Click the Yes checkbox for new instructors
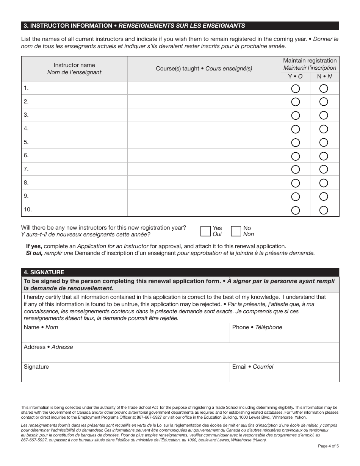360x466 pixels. click(x=205, y=231)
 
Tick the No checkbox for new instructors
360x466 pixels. click(x=236, y=231)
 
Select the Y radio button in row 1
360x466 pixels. click(x=295, y=89)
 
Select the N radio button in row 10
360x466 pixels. click(x=324, y=210)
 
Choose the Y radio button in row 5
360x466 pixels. click(x=295, y=142)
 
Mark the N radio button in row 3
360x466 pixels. click(x=324, y=116)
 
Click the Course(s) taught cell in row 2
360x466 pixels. click(x=204, y=102)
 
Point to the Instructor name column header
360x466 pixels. click(x=74, y=69)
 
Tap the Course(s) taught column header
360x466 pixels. click(x=204, y=69)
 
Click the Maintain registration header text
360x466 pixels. click(x=310, y=61)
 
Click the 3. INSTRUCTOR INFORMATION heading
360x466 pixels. click(x=68, y=26)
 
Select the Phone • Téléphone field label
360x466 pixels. click(x=257, y=327)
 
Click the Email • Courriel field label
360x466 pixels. click(x=252, y=367)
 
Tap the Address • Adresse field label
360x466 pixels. click(x=48, y=347)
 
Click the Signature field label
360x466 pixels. click(x=36, y=367)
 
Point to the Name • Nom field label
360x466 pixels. click(x=41, y=327)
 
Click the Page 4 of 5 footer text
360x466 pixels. click(x=328, y=446)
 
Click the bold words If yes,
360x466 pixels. click(x=34, y=246)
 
